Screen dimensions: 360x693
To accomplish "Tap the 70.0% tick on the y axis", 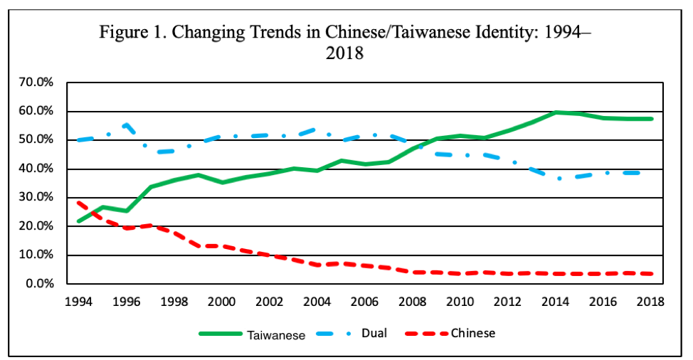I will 36,83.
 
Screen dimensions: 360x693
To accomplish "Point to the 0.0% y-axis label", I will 38,284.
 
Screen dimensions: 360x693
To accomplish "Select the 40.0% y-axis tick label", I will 36,169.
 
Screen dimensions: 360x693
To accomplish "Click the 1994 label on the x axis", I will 78,301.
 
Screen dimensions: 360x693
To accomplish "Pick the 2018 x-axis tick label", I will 651,301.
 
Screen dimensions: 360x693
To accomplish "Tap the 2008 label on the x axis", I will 412,301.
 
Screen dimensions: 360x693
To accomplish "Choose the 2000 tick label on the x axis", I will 221,301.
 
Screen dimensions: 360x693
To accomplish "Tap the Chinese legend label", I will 472,333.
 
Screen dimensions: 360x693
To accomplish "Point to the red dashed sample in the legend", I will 427,333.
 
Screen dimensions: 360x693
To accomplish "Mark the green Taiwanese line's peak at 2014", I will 556,112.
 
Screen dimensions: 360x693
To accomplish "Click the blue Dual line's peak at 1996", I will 126,124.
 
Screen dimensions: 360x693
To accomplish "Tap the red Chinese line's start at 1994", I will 78,203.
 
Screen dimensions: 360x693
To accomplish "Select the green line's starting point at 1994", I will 78,221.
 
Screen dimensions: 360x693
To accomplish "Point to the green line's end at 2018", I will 651,119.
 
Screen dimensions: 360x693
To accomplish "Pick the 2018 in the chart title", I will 344,53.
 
